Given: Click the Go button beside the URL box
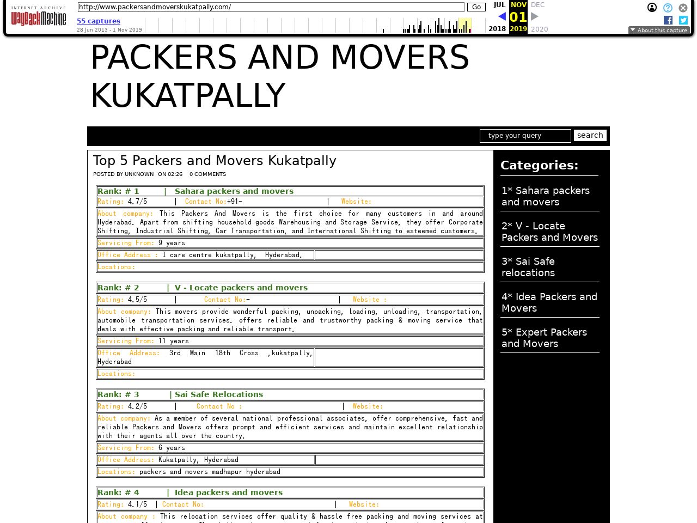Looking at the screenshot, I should (476, 7).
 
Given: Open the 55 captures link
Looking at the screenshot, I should (98, 21).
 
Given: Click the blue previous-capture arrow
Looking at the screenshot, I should (502, 17).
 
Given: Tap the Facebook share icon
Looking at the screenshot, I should (668, 20).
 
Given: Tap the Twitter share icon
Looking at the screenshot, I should (683, 20).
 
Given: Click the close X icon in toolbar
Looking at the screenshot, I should (683, 8).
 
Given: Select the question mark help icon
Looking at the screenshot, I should (668, 8).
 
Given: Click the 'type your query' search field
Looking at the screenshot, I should (525, 136).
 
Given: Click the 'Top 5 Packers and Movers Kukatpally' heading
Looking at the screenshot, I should (215, 161).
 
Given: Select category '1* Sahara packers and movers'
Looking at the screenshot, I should (545, 196).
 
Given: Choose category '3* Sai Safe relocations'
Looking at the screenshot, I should (528, 267).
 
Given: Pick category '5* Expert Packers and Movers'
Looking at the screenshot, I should (544, 338).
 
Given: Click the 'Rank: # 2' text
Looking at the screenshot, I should (118, 288).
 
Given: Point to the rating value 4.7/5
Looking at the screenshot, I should (137, 202).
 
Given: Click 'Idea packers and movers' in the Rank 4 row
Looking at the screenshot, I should (228, 492).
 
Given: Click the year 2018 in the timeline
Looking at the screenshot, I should (497, 29).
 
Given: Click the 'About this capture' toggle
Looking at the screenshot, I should (659, 31).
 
